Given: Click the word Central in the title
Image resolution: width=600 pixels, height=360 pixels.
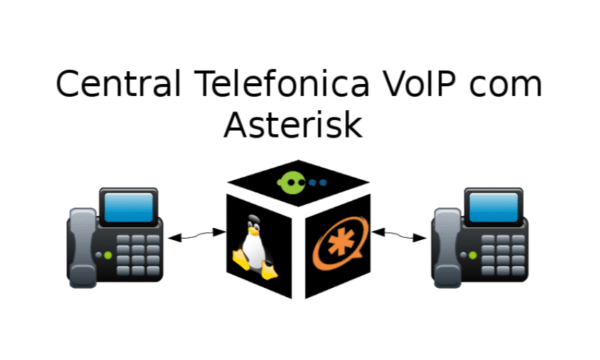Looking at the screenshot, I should pos(109,84).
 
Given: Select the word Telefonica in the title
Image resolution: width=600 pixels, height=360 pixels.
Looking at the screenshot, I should pos(256,84).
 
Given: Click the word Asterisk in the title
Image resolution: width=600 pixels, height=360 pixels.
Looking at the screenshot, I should pos(291,126).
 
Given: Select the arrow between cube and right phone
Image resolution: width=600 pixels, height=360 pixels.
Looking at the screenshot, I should pos(401,236).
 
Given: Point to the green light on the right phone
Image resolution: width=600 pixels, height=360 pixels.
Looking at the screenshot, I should pos(462,255).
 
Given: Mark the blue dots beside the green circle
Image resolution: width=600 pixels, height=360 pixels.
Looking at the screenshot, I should pos(317,183).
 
